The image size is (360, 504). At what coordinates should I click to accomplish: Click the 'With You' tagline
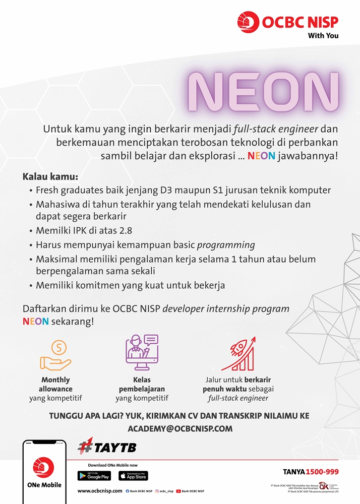tap(323, 36)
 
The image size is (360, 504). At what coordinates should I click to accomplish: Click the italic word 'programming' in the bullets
tap(226, 245)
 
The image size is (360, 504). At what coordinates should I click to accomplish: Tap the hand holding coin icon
tap(55, 354)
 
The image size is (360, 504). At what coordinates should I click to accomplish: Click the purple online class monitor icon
tap(142, 352)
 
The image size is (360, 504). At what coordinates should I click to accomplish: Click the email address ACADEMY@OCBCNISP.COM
tap(180, 429)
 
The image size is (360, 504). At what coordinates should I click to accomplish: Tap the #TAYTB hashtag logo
tap(107, 447)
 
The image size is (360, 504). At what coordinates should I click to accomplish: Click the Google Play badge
tap(94, 475)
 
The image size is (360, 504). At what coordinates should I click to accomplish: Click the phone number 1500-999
tap(322, 472)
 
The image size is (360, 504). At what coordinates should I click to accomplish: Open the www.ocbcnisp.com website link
tap(100, 490)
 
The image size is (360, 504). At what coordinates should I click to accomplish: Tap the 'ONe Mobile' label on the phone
tap(44, 485)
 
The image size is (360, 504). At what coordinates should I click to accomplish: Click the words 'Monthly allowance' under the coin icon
tap(55, 385)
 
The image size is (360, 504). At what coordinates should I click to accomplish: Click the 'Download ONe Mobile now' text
tap(112, 465)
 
